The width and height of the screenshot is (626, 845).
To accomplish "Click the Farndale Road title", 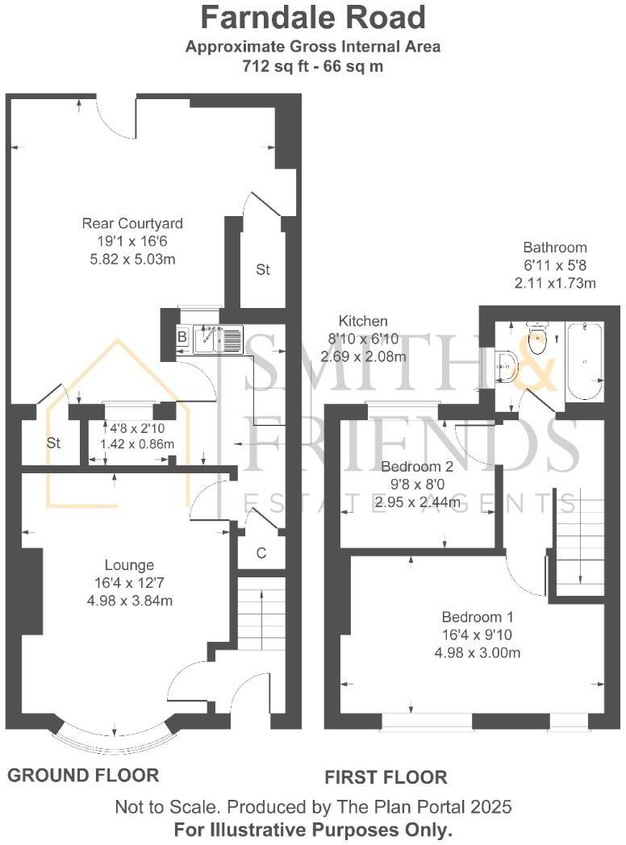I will click(x=313, y=18).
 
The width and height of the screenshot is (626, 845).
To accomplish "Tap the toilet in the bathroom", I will click(x=537, y=340).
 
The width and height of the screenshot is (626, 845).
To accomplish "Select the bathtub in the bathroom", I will click(x=583, y=362).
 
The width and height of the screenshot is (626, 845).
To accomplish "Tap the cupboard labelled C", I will click(x=261, y=553).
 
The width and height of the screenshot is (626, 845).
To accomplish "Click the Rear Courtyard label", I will click(x=132, y=223).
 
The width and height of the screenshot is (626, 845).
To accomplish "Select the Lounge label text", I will click(x=129, y=565).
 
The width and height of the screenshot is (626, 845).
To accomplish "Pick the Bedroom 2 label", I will click(x=417, y=467).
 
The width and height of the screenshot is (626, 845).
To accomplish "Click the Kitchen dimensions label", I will click(x=363, y=339).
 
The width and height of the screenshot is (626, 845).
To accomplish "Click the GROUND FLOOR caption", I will click(x=83, y=776).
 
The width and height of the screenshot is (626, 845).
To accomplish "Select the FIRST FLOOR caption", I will click(x=386, y=777).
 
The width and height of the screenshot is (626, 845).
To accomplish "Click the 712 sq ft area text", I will click(x=313, y=66).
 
